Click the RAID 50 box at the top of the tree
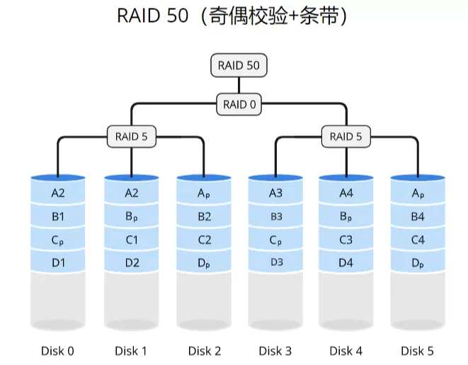click(239, 65)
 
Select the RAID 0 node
click(239, 104)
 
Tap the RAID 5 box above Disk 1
click(131, 137)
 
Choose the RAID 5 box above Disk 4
click(346, 137)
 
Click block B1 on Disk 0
click(58, 216)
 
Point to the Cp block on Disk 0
click(58, 240)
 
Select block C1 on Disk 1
click(131, 240)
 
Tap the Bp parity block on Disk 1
click(131, 216)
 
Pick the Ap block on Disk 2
click(204, 193)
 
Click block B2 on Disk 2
click(204, 216)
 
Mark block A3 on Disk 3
click(275, 193)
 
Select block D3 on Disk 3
click(275, 263)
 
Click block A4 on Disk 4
click(346, 193)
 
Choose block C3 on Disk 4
click(346, 240)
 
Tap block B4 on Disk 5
click(418, 216)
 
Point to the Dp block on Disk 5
click(418, 263)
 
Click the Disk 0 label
click(58, 350)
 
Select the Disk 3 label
click(275, 350)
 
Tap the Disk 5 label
click(418, 350)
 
